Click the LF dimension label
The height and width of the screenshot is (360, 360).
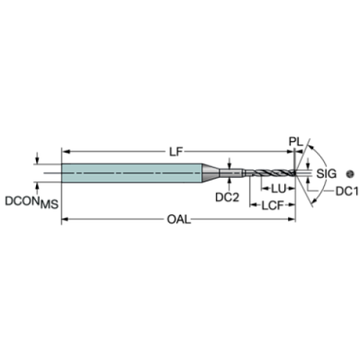point(176,152)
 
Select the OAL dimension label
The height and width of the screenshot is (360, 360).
point(179,219)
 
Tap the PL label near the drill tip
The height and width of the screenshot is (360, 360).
point(296,142)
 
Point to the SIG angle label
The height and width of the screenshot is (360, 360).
point(326,173)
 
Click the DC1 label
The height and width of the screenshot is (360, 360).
point(347,191)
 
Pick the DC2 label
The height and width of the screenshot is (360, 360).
point(227,197)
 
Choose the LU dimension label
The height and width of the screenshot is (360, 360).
point(278,189)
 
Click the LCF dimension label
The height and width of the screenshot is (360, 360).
point(273,206)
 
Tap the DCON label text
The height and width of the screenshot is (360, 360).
point(22,201)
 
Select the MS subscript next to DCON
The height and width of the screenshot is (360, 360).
point(49,204)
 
